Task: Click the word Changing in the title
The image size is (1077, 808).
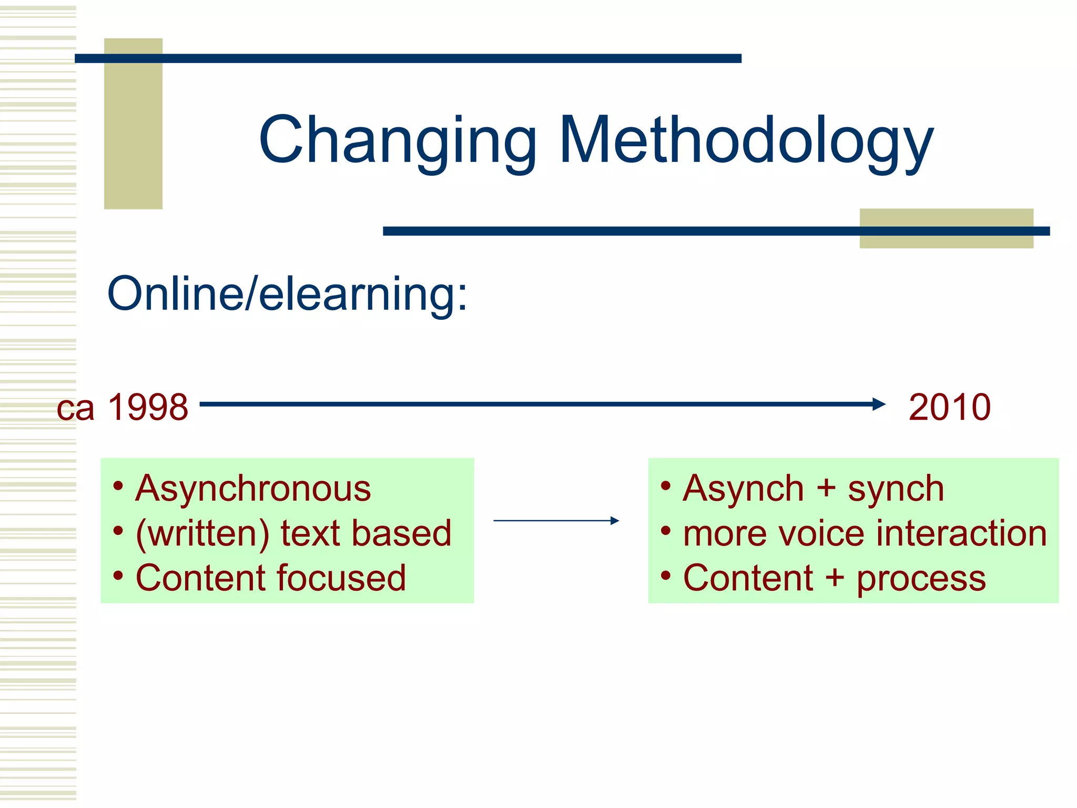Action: (x=398, y=141)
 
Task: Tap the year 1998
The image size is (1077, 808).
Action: (x=148, y=407)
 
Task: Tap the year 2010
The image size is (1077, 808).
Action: (x=949, y=407)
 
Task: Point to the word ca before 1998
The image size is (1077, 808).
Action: (x=76, y=409)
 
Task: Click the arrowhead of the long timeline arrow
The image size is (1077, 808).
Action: (x=879, y=404)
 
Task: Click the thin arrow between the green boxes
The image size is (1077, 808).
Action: (x=556, y=521)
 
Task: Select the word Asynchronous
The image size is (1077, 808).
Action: (x=253, y=489)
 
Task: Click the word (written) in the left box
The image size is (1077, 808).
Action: (x=202, y=533)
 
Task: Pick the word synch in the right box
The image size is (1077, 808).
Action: (x=896, y=489)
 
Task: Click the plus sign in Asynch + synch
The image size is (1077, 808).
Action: (x=826, y=489)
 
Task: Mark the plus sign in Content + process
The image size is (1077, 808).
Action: (x=835, y=578)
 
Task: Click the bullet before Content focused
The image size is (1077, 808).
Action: (x=118, y=576)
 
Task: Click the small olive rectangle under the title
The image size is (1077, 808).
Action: (x=946, y=240)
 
